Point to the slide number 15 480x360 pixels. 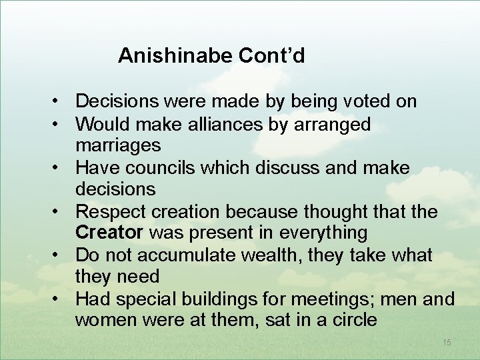[446, 342]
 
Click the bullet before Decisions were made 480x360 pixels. [59, 102]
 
